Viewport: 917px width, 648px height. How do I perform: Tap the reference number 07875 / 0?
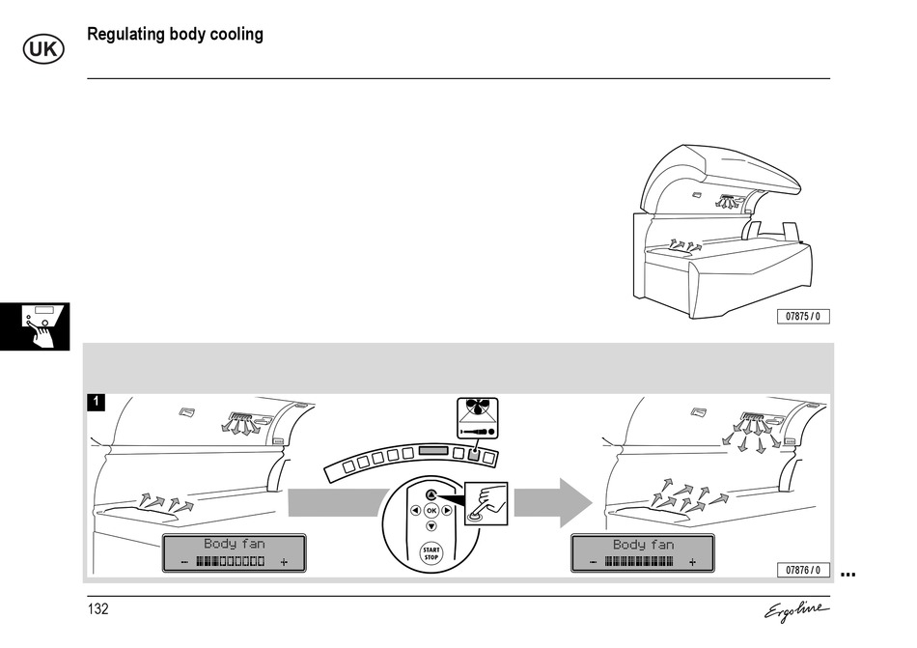803,317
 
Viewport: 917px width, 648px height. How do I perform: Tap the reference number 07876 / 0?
803,571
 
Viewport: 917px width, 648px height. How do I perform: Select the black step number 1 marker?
97,401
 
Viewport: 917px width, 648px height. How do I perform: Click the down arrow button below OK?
431,526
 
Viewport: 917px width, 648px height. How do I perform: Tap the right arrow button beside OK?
447,510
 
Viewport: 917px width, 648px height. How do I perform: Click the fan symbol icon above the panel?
477,417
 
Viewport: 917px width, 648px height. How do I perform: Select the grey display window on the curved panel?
433,452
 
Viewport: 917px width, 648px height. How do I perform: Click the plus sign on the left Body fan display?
284,562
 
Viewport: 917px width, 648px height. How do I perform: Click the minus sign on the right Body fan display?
594,562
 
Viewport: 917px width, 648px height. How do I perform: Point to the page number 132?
98,609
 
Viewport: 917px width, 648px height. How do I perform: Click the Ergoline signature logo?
796,611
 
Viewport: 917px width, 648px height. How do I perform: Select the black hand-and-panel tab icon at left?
35,326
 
